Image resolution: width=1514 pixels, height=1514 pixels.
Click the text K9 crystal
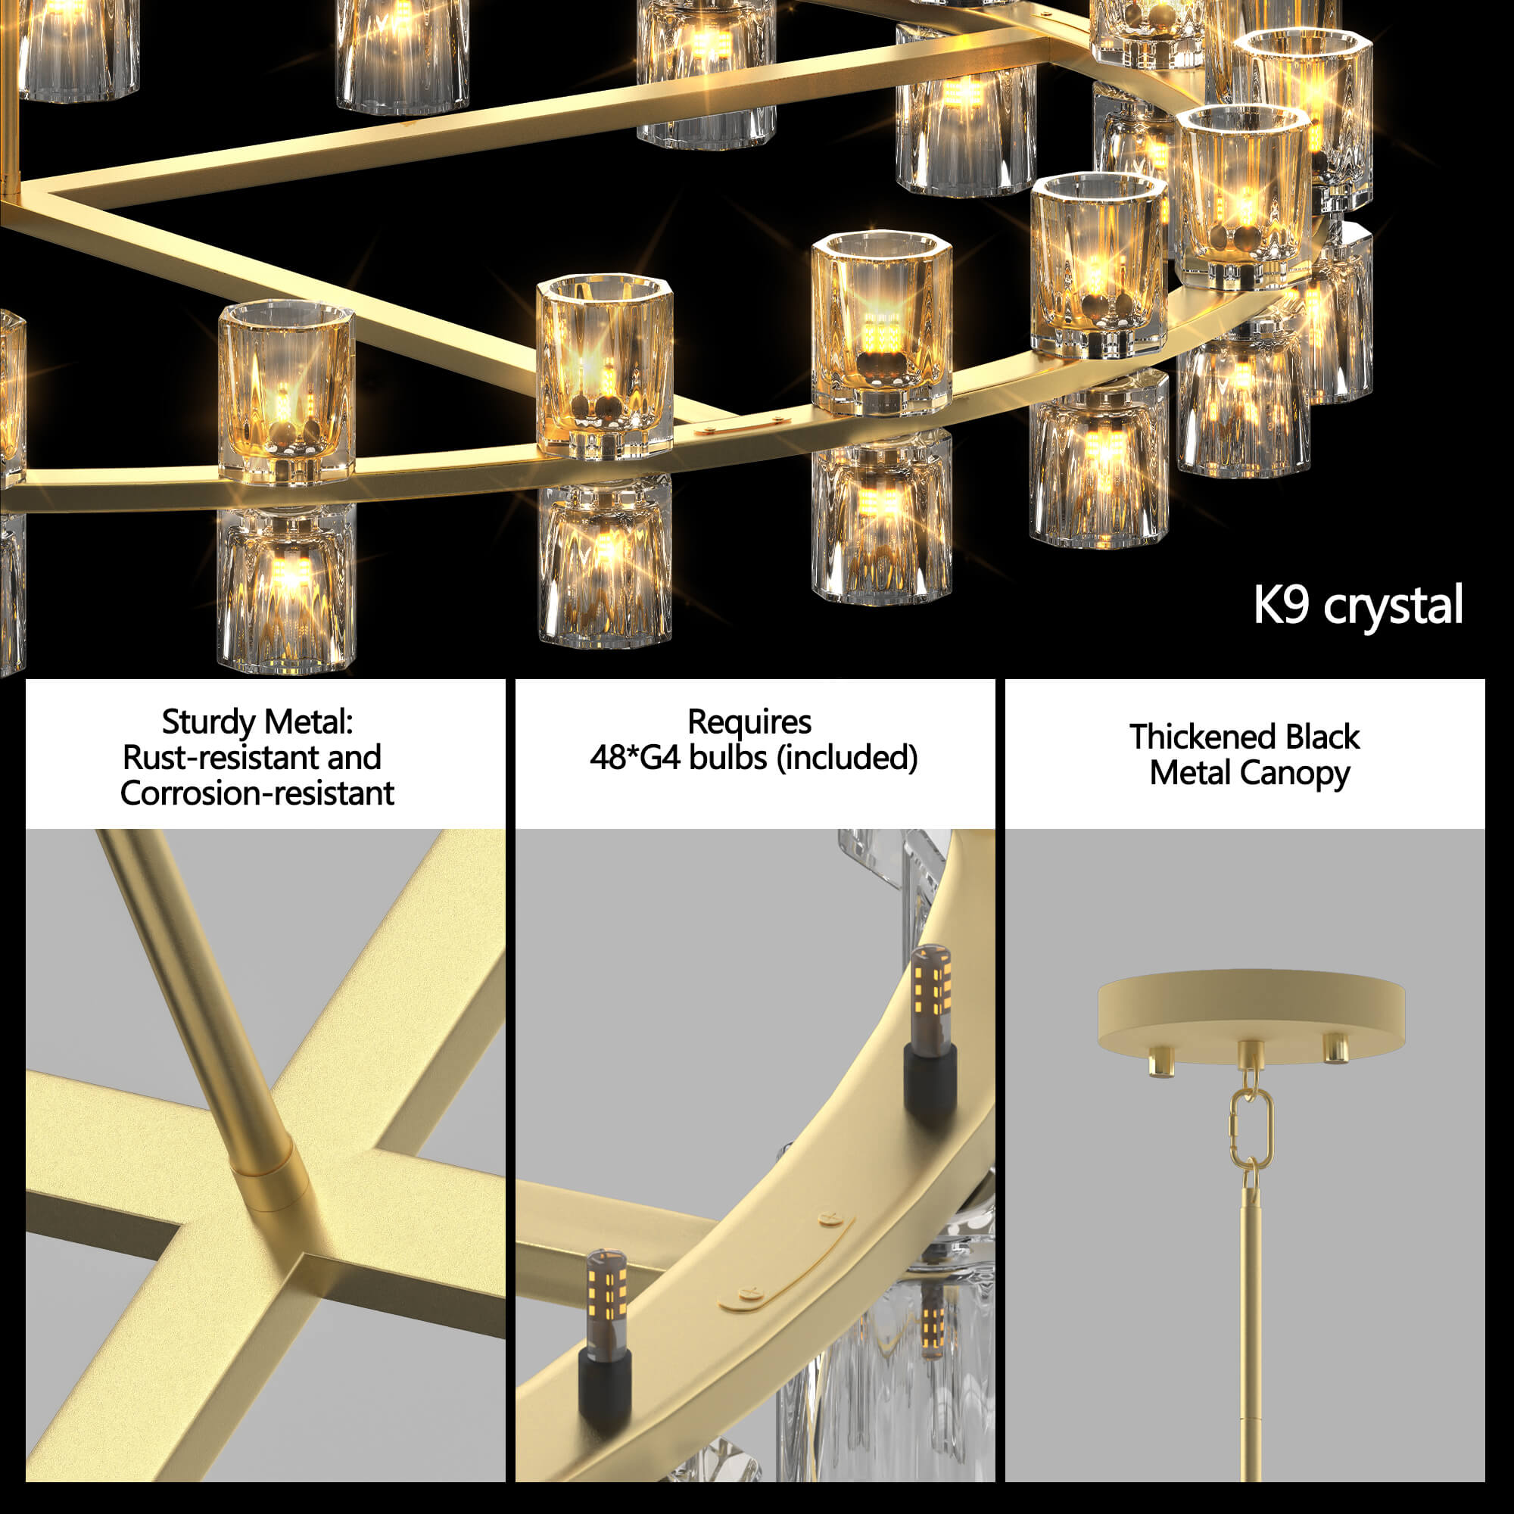1358,605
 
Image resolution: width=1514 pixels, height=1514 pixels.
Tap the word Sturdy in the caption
209,722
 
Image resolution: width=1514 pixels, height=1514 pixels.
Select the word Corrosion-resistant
257,794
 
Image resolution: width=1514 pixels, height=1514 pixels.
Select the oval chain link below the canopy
1251,1127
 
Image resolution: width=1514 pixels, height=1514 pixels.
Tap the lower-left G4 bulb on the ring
606,1301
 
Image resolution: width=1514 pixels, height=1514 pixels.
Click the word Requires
749,722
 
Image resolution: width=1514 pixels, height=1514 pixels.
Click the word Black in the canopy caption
1322,737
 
